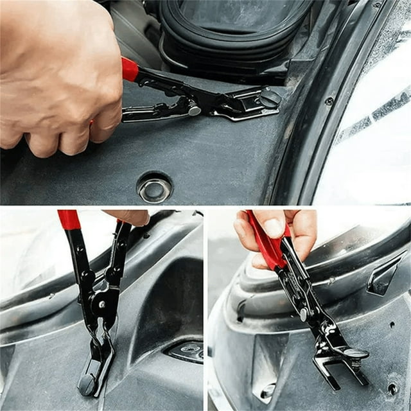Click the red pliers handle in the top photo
click(130, 69)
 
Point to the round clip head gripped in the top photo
click(270, 98)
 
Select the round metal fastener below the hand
click(155, 188)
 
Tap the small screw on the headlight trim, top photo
click(329, 101)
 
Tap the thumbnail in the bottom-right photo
click(274, 226)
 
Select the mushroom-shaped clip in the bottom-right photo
click(354, 353)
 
